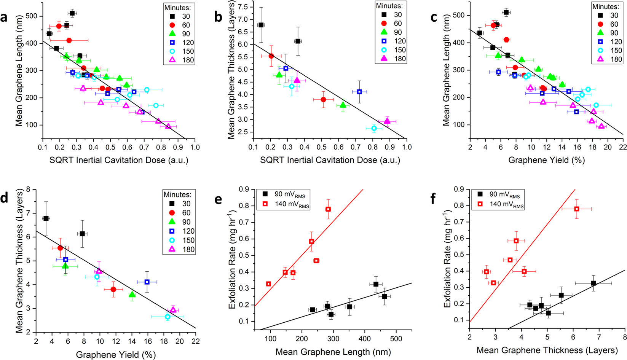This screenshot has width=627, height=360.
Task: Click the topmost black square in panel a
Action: point(72,13)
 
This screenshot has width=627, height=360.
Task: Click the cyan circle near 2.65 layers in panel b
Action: point(374,129)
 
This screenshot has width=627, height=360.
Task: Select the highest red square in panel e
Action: point(328,209)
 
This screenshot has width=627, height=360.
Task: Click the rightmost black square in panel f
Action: point(593,283)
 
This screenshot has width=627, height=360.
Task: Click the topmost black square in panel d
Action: point(46,218)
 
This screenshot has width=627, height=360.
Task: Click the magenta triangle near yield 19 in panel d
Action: point(173,310)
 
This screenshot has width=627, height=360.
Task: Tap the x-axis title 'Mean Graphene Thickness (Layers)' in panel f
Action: point(547,350)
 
